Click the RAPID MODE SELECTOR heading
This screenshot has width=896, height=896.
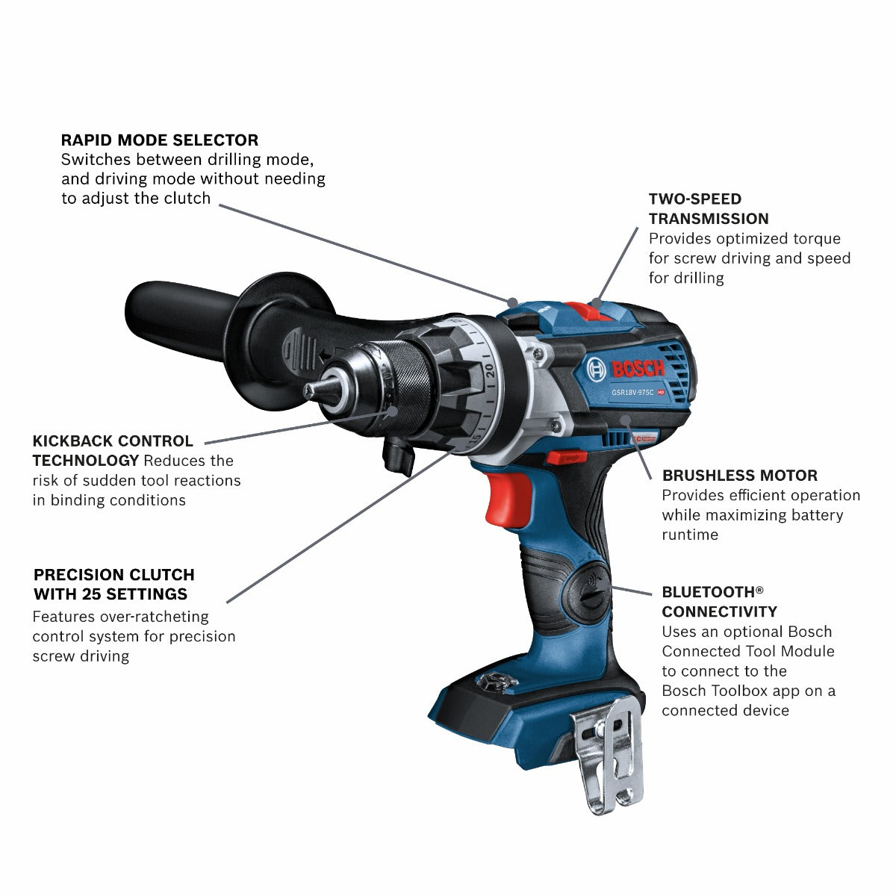pyautogui.click(x=160, y=140)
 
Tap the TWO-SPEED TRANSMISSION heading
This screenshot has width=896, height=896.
pyautogui.click(x=709, y=209)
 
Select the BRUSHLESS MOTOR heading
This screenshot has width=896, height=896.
pyautogui.click(x=739, y=476)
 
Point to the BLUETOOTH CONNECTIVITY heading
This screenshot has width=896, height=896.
pyautogui.click(x=719, y=602)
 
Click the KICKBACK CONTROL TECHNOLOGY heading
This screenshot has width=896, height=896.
pyautogui.click(x=113, y=450)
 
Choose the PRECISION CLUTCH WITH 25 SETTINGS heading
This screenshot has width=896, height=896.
pyautogui.click(x=113, y=585)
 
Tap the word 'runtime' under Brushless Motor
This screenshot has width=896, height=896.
pyautogui.click(x=690, y=535)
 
